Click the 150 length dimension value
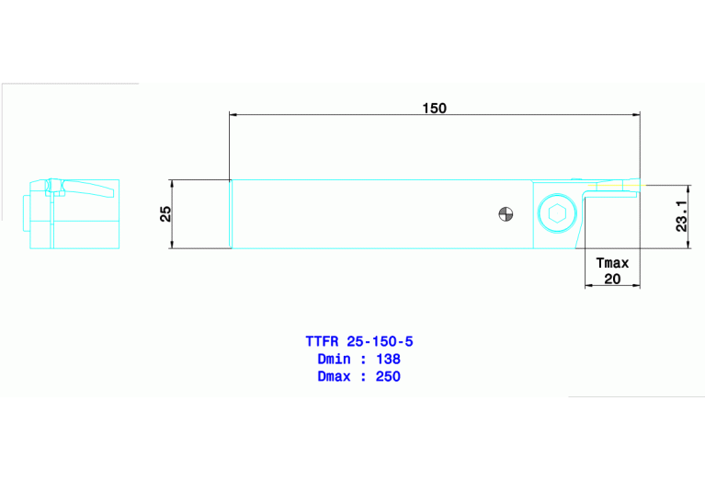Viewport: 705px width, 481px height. click(x=434, y=108)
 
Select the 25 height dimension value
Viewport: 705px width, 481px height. click(x=165, y=213)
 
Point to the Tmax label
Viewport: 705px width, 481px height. click(x=612, y=263)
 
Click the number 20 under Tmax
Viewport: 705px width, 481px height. click(x=612, y=280)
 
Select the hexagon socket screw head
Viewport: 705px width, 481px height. click(x=555, y=215)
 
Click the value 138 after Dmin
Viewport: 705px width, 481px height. click(x=387, y=359)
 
